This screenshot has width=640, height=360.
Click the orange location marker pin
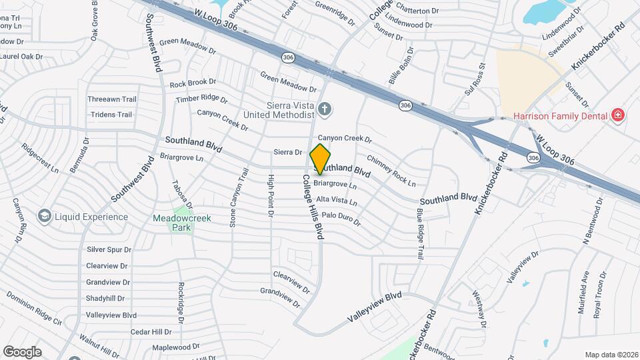click(x=321, y=159)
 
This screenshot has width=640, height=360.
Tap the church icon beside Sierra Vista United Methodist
click(x=325, y=109)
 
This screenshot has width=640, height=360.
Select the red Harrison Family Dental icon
click(x=618, y=115)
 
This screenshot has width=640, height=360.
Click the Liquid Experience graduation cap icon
click(x=45, y=216)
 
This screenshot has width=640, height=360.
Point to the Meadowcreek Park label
click(x=173, y=223)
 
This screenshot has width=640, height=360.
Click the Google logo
click(x=22, y=351)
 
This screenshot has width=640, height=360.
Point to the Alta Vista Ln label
click(x=337, y=201)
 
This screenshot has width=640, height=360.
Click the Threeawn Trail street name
click(x=111, y=99)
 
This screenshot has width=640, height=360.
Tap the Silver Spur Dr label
click(x=109, y=249)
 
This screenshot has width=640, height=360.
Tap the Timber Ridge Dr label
click(x=202, y=99)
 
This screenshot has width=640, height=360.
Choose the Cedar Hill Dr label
click(x=151, y=331)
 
